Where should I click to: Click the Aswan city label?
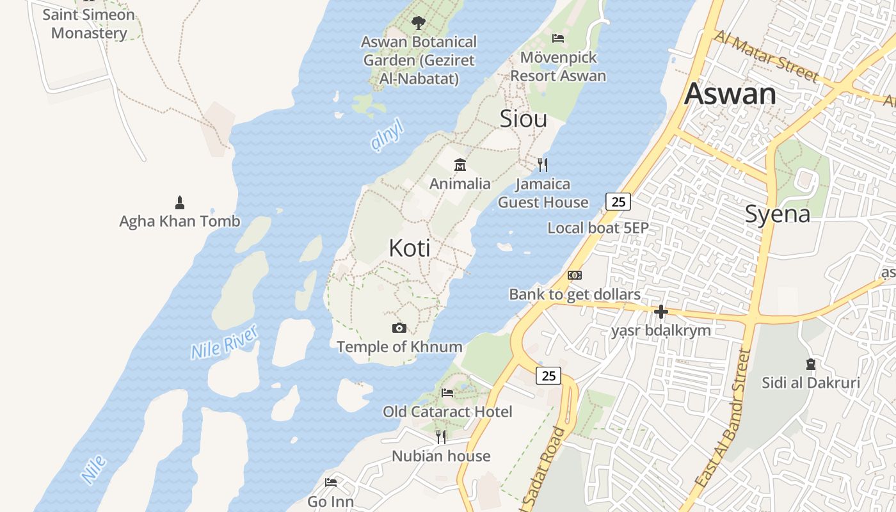click(730, 94)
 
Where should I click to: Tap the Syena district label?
click(777, 214)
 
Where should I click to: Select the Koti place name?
click(409, 248)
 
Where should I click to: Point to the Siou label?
click(523, 118)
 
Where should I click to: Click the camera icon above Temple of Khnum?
click(399, 328)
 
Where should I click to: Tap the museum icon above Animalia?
click(460, 165)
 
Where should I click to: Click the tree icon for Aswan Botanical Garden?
click(418, 24)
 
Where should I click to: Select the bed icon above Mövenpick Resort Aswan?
click(558, 38)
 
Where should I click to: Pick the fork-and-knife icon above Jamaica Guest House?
click(543, 165)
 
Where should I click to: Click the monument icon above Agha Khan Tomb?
click(180, 203)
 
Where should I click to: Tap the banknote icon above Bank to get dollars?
click(575, 275)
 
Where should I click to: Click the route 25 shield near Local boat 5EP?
click(618, 202)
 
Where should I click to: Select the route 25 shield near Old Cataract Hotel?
click(548, 376)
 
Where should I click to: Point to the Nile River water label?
click(224, 342)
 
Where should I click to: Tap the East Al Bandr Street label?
click(723, 419)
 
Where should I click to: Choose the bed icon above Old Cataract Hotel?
click(447, 392)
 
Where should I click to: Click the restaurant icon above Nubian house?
click(441, 436)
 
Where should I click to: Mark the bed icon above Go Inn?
click(331, 482)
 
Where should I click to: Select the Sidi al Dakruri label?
click(811, 383)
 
